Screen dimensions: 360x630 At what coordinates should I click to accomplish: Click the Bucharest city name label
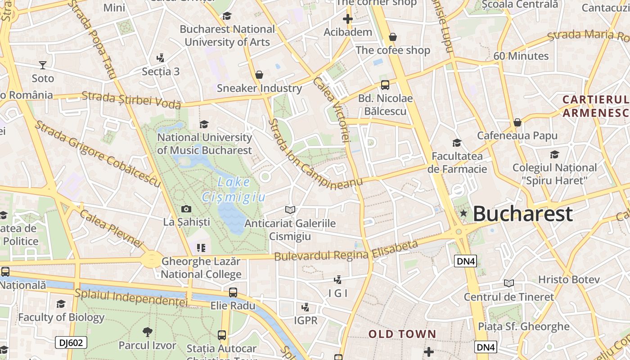[x=523, y=214]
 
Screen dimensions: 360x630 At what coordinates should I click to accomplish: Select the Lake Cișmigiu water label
[x=234, y=189]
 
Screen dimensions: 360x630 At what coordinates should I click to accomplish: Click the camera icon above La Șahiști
[x=186, y=209]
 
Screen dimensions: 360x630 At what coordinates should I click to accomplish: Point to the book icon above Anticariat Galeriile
[x=290, y=210]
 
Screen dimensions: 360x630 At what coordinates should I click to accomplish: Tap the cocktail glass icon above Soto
[x=43, y=65]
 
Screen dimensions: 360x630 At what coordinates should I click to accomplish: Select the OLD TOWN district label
[x=402, y=334]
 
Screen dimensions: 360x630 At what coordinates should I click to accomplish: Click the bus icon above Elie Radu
[x=233, y=292]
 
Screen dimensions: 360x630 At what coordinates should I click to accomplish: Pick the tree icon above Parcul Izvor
[x=147, y=333]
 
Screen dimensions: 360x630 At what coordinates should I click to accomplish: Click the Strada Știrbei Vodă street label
[x=131, y=100]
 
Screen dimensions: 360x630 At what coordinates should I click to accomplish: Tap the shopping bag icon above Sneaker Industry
[x=259, y=75]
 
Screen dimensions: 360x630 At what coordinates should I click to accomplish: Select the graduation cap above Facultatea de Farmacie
[x=457, y=143]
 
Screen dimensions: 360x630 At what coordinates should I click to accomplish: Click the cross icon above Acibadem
[x=348, y=19]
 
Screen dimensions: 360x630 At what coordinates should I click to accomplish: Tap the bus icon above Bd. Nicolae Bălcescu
[x=385, y=85]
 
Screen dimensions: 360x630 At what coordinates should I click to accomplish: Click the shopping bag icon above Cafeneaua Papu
[x=517, y=122]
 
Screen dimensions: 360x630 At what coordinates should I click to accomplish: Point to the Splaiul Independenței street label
[x=131, y=297]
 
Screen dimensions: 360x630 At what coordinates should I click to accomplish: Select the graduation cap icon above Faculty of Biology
[x=61, y=304]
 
